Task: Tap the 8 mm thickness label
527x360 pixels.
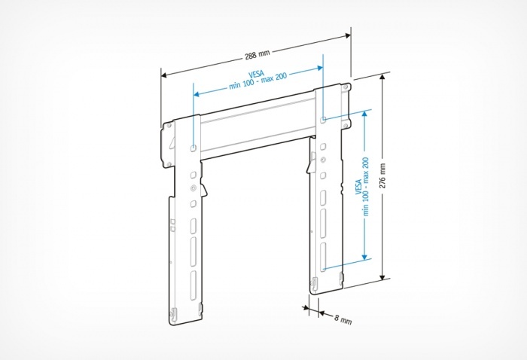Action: (x=342, y=319)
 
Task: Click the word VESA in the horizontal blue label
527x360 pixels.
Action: (x=255, y=78)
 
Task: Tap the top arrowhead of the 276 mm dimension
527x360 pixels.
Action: (x=385, y=79)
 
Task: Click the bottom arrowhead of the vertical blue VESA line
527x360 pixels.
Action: (x=366, y=256)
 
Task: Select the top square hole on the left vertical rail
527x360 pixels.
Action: (x=193, y=148)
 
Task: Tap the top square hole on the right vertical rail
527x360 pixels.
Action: (x=323, y=118)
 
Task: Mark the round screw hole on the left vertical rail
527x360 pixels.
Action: (x=193, y=188)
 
